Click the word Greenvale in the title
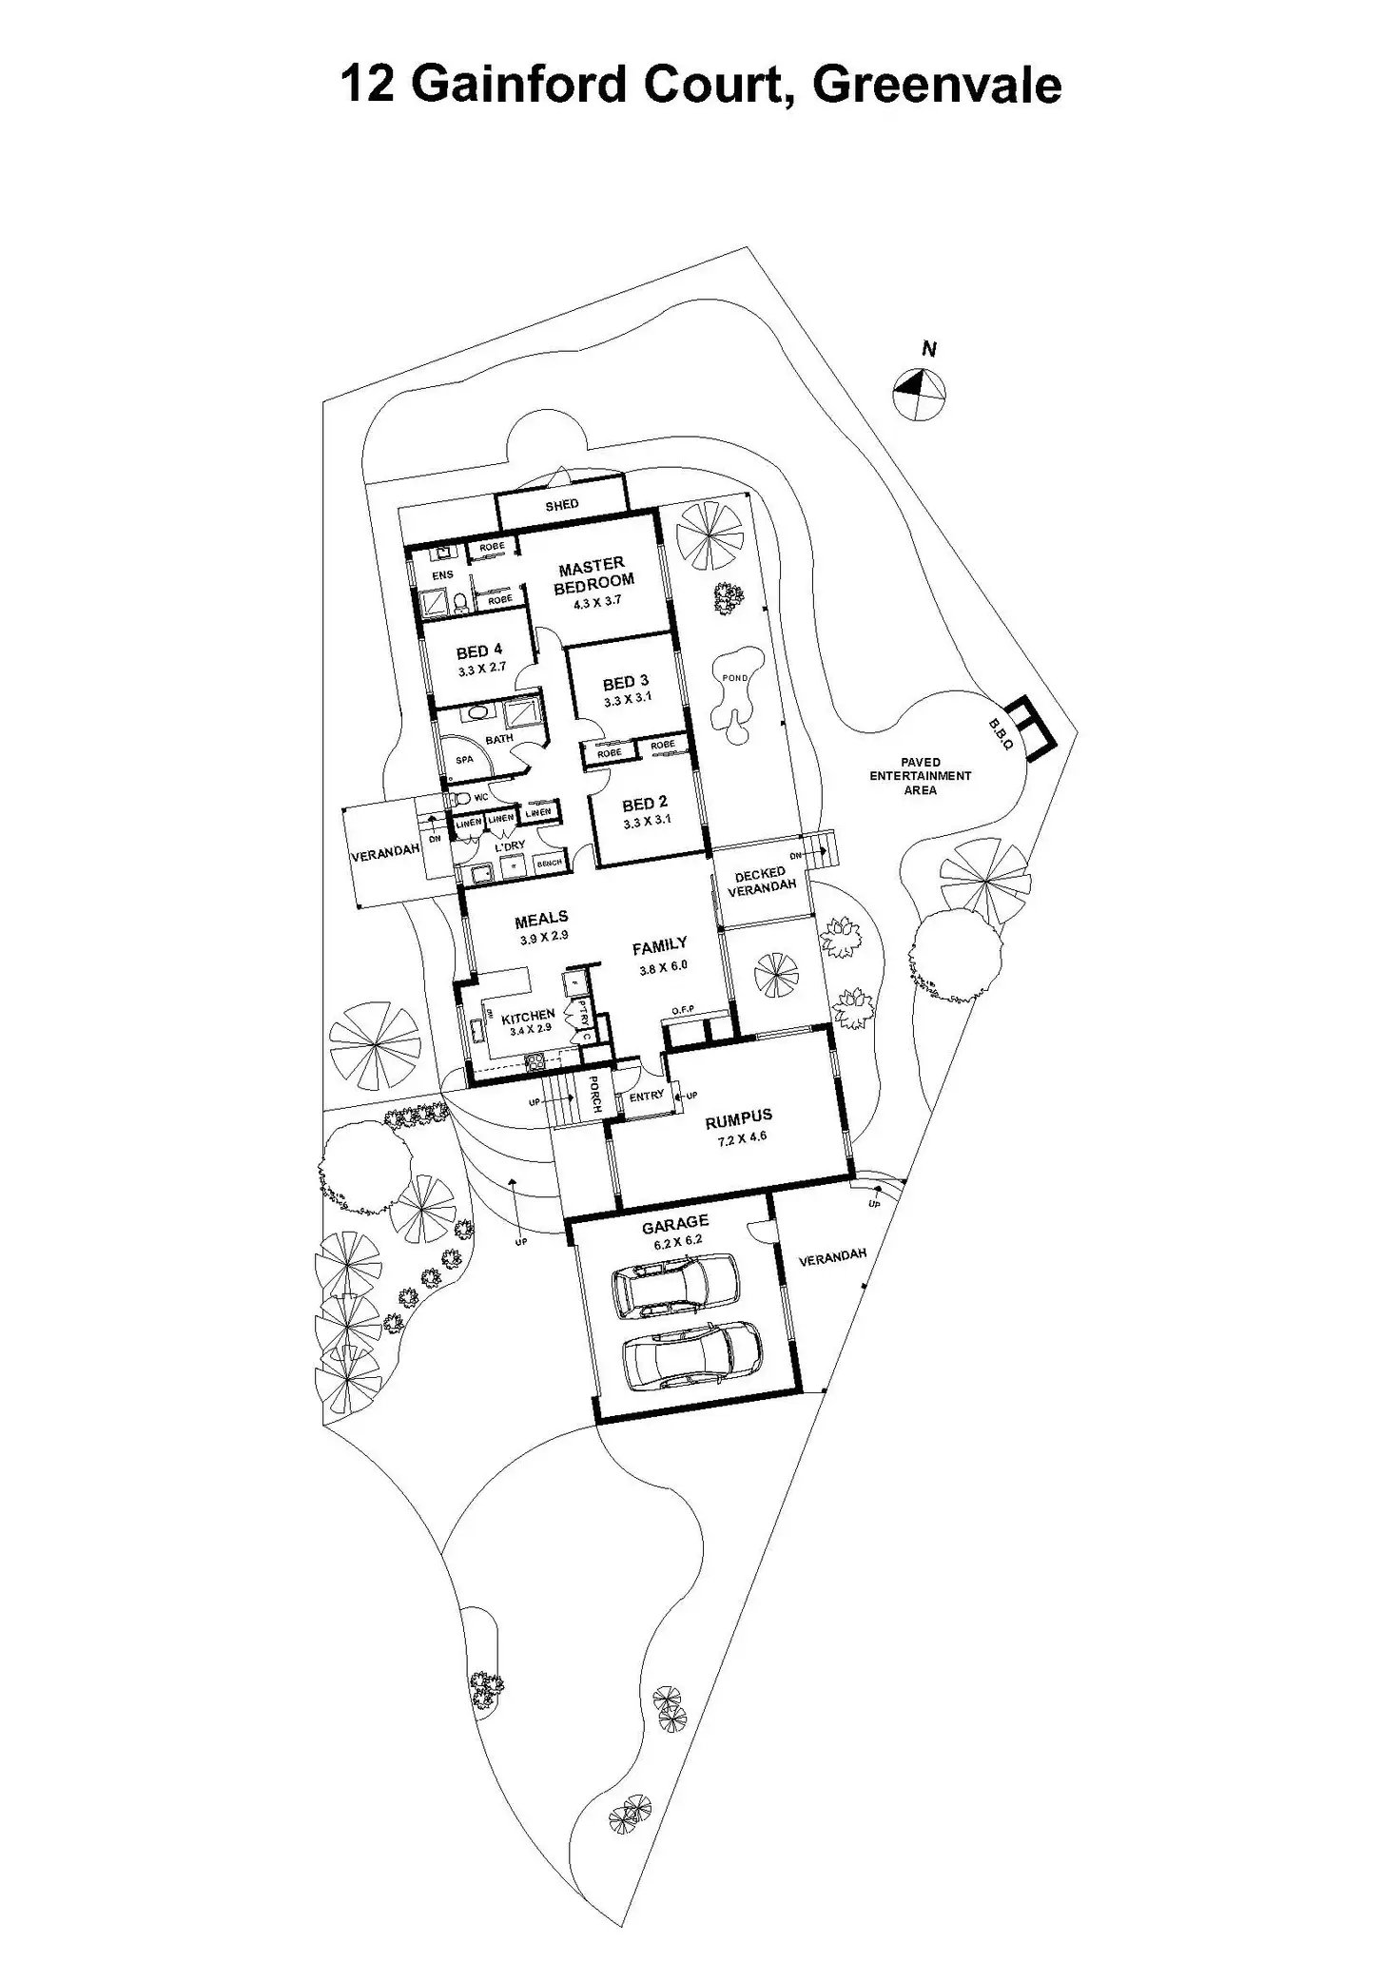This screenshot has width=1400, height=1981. coord(937,86)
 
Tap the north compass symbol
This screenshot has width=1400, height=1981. coord(920,390)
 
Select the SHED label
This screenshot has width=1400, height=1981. coord(561,505)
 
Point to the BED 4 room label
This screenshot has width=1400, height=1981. coord(479,651)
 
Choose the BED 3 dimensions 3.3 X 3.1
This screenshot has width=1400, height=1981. coord(628,699)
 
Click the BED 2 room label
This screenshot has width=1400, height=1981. coord(646,804)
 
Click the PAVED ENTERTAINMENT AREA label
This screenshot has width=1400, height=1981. coord(920,775)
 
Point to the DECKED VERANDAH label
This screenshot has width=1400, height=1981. coord(761,879)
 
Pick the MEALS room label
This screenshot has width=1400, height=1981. coord(541,918)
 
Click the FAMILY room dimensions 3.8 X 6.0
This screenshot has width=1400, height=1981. coord(663,965)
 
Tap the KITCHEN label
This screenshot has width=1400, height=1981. coord(528,1016)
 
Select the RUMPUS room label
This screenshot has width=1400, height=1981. coord(738,1117)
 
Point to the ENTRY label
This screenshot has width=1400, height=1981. coord(647,1096)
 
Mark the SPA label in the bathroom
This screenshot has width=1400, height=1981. coord(464,760)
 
